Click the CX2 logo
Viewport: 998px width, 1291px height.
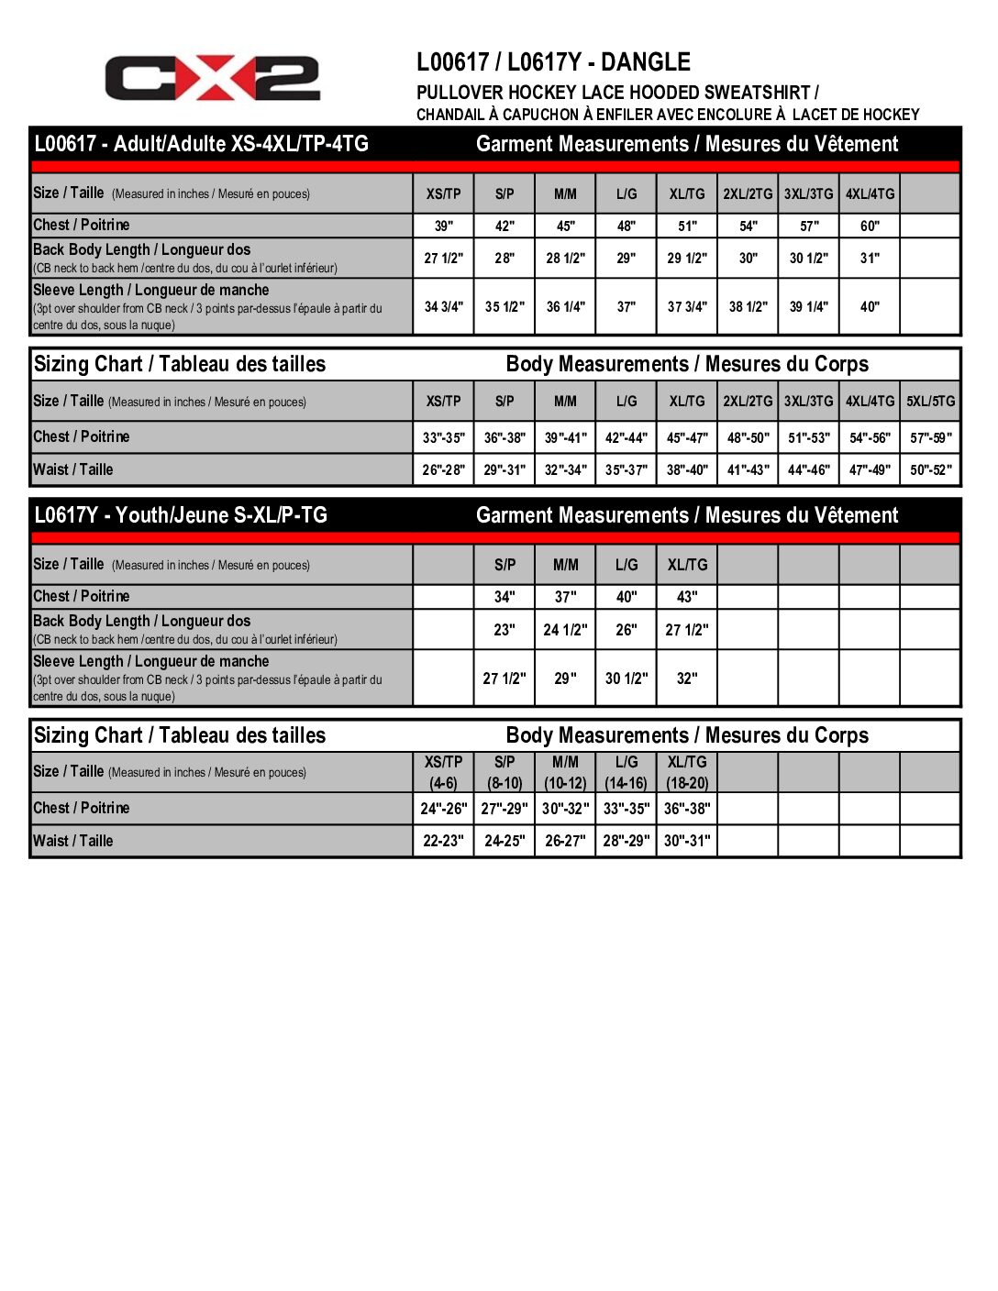212,78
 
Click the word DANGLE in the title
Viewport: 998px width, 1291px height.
646,62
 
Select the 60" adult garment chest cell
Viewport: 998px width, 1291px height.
870,226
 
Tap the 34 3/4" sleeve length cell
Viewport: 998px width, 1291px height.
443,306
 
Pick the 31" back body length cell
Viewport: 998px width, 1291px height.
870,259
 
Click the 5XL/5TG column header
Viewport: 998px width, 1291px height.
930,402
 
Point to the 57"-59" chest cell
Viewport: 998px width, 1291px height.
930,437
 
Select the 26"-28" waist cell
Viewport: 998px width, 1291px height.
443,470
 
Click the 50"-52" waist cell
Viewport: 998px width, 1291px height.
930,470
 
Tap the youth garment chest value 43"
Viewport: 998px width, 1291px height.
687,597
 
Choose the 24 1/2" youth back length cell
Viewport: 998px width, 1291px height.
565,630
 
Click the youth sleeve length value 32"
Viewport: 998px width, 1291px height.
687,679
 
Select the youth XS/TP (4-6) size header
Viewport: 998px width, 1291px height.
443,772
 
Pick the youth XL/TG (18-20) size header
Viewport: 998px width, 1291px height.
687,772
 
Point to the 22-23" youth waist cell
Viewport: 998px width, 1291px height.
443,841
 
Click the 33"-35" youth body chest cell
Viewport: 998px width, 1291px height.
626,809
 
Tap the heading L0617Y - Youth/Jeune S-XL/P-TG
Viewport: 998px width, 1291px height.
181,515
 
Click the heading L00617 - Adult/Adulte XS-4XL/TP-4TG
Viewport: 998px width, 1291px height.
201,144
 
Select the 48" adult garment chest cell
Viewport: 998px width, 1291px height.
626,226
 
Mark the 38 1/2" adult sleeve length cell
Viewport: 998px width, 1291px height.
748,306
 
